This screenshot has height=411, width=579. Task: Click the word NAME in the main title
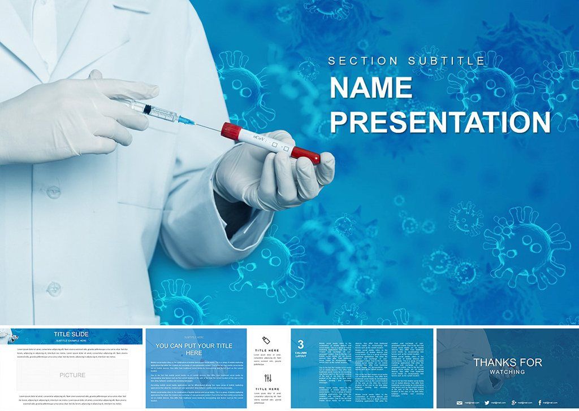371,88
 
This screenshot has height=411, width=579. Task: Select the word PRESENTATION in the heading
440,122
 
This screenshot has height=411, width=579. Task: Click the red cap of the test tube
228,131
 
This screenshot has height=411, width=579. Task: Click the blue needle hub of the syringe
185,119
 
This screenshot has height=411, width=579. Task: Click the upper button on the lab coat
54,192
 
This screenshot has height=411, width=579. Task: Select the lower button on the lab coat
54,288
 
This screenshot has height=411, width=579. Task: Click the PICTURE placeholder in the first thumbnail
72,375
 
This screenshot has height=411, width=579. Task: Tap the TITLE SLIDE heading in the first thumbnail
71,334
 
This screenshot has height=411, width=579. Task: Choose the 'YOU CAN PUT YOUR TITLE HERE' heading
194,349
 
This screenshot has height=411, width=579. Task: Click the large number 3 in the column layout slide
301,344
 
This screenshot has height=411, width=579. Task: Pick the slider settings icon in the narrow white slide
267,378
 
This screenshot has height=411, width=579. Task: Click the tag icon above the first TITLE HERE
266,339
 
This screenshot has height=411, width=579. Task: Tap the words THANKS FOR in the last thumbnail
507,362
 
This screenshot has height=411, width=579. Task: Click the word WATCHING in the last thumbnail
507,371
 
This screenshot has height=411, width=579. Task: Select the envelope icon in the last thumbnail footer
460,403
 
